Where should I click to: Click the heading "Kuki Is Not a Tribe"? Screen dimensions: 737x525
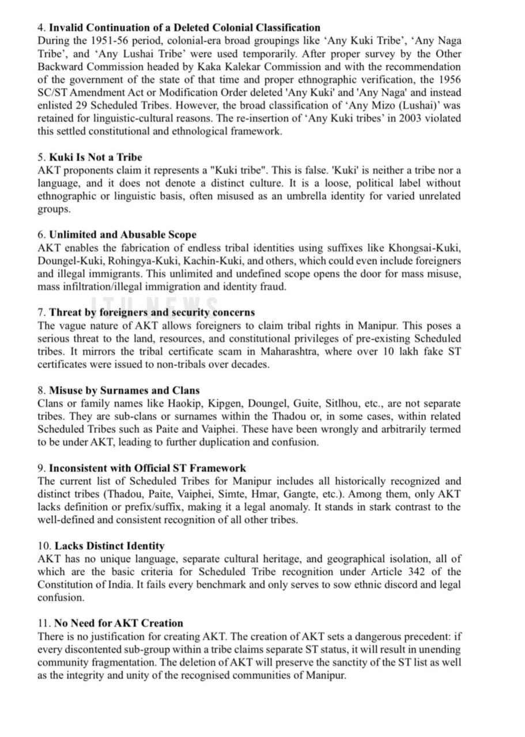pyautogui.click(x=95, y=157)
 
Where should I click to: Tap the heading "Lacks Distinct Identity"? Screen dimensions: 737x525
pyautogui.click(x=109, y=546)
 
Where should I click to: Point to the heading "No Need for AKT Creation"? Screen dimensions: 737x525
pyautogui.click(x=119, y=623)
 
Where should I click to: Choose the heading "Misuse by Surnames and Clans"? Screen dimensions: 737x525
pyautogui.click(x=124, y=390)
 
